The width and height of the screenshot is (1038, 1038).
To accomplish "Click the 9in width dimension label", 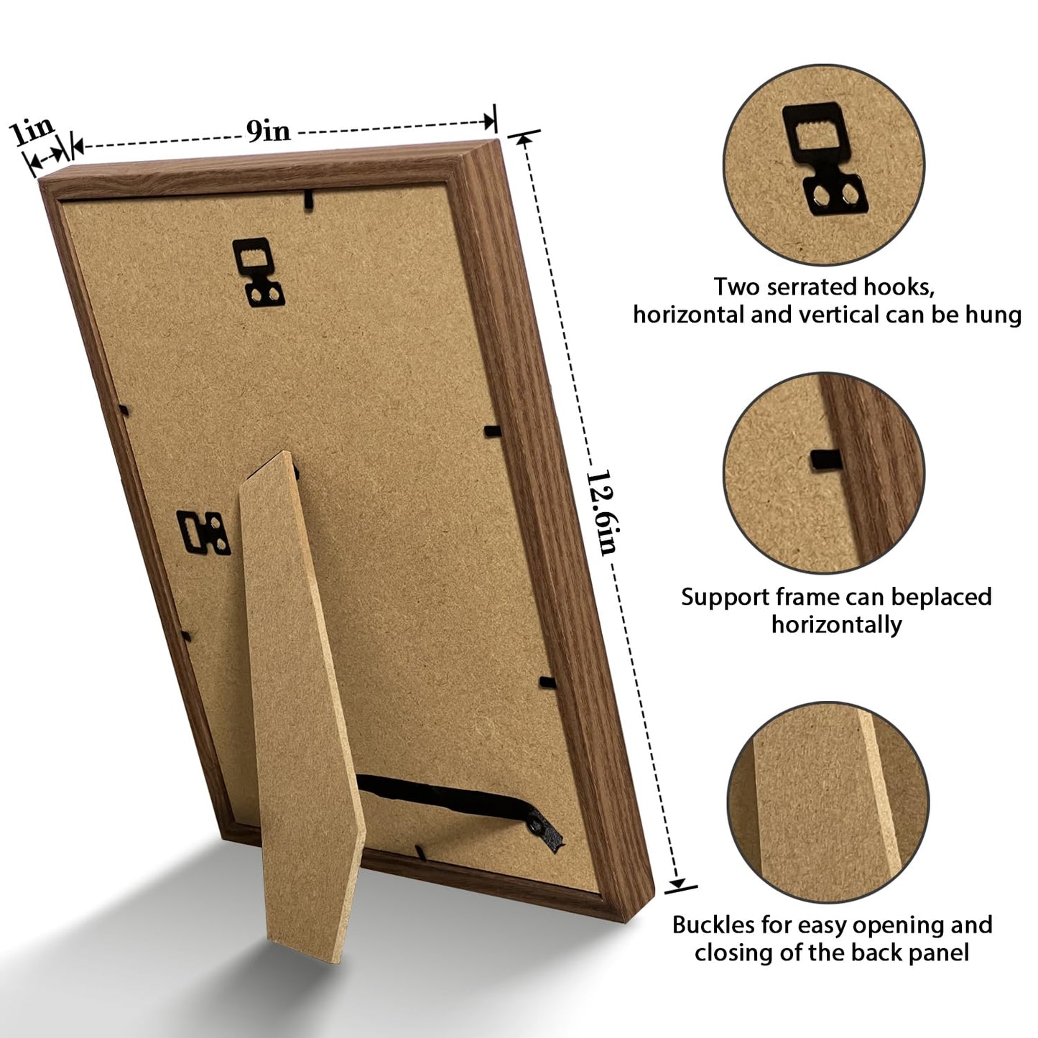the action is click(268, 131).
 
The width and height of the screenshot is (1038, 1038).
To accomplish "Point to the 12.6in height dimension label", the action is click(601, 513).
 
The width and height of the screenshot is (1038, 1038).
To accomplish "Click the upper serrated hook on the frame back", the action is click(258, 272).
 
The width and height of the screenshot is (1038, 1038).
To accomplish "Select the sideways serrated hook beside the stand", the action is click(203, 532).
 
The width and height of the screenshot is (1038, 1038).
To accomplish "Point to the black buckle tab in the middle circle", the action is click(826, 460).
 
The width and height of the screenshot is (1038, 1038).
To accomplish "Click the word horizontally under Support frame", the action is click(837, 625).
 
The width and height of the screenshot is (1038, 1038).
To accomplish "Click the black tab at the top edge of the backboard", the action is click(307, 198).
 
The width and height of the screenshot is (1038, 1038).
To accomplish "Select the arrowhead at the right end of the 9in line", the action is click(489, 121).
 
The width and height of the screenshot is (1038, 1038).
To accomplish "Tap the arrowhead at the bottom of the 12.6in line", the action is click(677, 883).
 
